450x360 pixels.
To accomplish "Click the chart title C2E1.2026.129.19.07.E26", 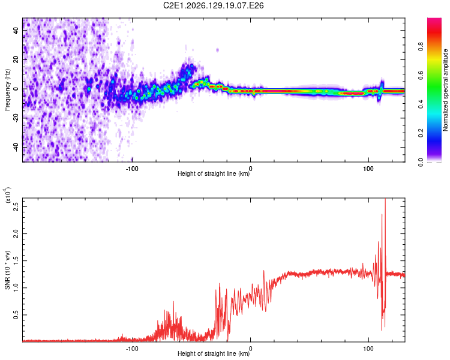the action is [x=213, y=5].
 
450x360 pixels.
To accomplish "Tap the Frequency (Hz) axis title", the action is [x=7, y=90].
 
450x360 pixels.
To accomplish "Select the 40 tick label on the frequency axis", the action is [x=16, y=31].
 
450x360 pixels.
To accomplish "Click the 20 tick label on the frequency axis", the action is [x=16, y=60].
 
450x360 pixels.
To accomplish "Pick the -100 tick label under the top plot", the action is [x=132, y=169].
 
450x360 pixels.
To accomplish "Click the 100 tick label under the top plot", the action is [x=368, y=169].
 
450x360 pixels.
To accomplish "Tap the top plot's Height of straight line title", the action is [x=214, y=173].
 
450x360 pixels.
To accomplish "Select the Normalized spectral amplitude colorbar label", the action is [x=445, y=90].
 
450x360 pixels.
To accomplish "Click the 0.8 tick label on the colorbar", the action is [x=421, y=46].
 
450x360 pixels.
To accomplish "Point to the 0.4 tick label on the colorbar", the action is [x=421, y=104].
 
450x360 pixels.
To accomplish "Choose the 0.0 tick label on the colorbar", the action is [x=421, y=162].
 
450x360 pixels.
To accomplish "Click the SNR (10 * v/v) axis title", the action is [x=7, y=270].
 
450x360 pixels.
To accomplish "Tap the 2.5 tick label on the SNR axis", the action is [x=16, y=206].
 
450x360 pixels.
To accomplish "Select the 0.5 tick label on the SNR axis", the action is [x=16, y=315].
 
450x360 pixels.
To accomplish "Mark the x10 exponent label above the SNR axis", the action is [x=7, y=195].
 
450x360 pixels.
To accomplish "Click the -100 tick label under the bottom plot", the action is [x=132, y=349].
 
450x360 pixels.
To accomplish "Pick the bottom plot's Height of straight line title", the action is [x=214, y=353].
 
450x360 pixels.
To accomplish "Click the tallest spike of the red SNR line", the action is [x=385, y=199].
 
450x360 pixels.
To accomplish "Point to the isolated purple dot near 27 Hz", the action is [x=218, y=50].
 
